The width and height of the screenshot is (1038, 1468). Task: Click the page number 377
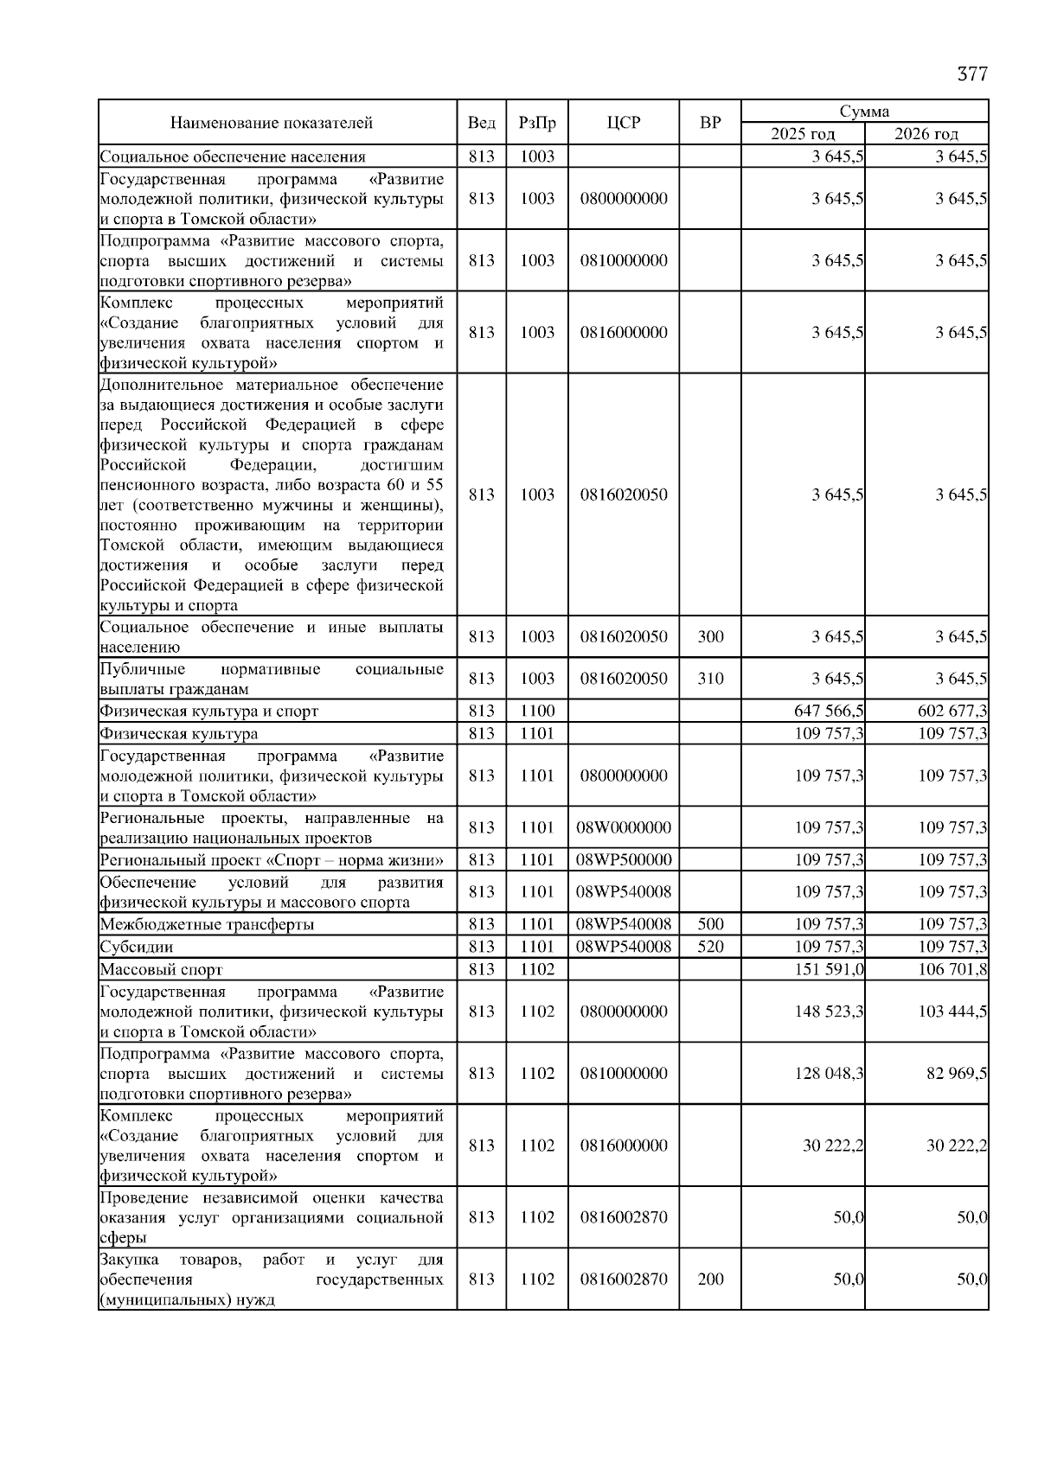pyautogui.click(x=972, y=74)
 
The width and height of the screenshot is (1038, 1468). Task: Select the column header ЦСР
pyautogui.click(x=624, y=123)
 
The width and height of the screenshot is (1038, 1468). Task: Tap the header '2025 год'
pyautogui.click(x=803, y=134)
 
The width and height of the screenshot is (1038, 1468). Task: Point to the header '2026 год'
pyautogui.click(x=926, y=134)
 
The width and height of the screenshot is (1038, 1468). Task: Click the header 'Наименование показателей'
pyautogui.click(x=272, y=123)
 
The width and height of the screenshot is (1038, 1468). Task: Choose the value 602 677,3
pyautogui.click(x=952, y=712)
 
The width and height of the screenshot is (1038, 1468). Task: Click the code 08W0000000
pyautogui.click(x=624, y=827)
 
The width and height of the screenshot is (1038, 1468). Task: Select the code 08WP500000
pyautogui.click(x=624, y=859)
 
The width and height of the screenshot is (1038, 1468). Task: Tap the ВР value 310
pyautogui.click(x=710, y=679)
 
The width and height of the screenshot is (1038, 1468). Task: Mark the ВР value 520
pyautogui.click(x=710, y=947)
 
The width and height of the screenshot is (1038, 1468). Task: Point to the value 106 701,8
pyautogui.click(x=952, y=969)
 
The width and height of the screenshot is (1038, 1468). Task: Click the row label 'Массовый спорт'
pyautogui.click(x=161, y=970)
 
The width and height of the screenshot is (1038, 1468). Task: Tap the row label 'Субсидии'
pyautogui.click(x=137, y=948)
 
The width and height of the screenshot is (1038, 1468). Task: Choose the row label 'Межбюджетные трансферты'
pyautogui.click(x=207, y=925)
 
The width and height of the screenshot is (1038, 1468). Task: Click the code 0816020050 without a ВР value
pyautogui.click(x=624, y=495)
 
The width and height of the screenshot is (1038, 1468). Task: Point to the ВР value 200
pyautogui.click(x=710, y=1280)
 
